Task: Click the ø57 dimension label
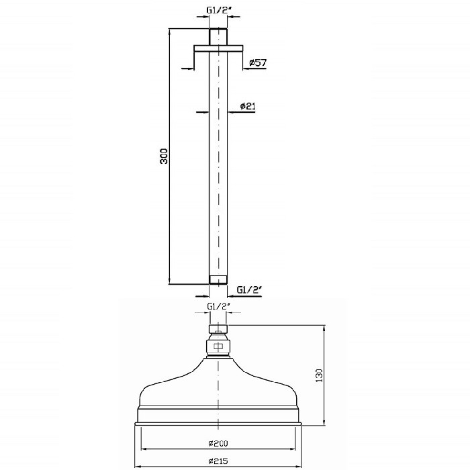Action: pyautogui.click(x=257, y=62)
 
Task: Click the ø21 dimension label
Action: pyautogui.click(x=248, y=106)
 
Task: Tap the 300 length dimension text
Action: pyautogui.click(x=164, y=156)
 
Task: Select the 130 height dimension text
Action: pyautogui.click(x=319, y=375)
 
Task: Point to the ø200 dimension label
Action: pyautogui.click(x=218, y=443)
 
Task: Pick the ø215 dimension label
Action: pyautogui.click(x=218, y=461)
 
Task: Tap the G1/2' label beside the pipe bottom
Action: pyautogui.click(x=250, y=290)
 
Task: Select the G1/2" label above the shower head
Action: pyautogui.click(x=218, y=307)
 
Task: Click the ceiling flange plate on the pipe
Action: pyautogui.click(x=218, y=48)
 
